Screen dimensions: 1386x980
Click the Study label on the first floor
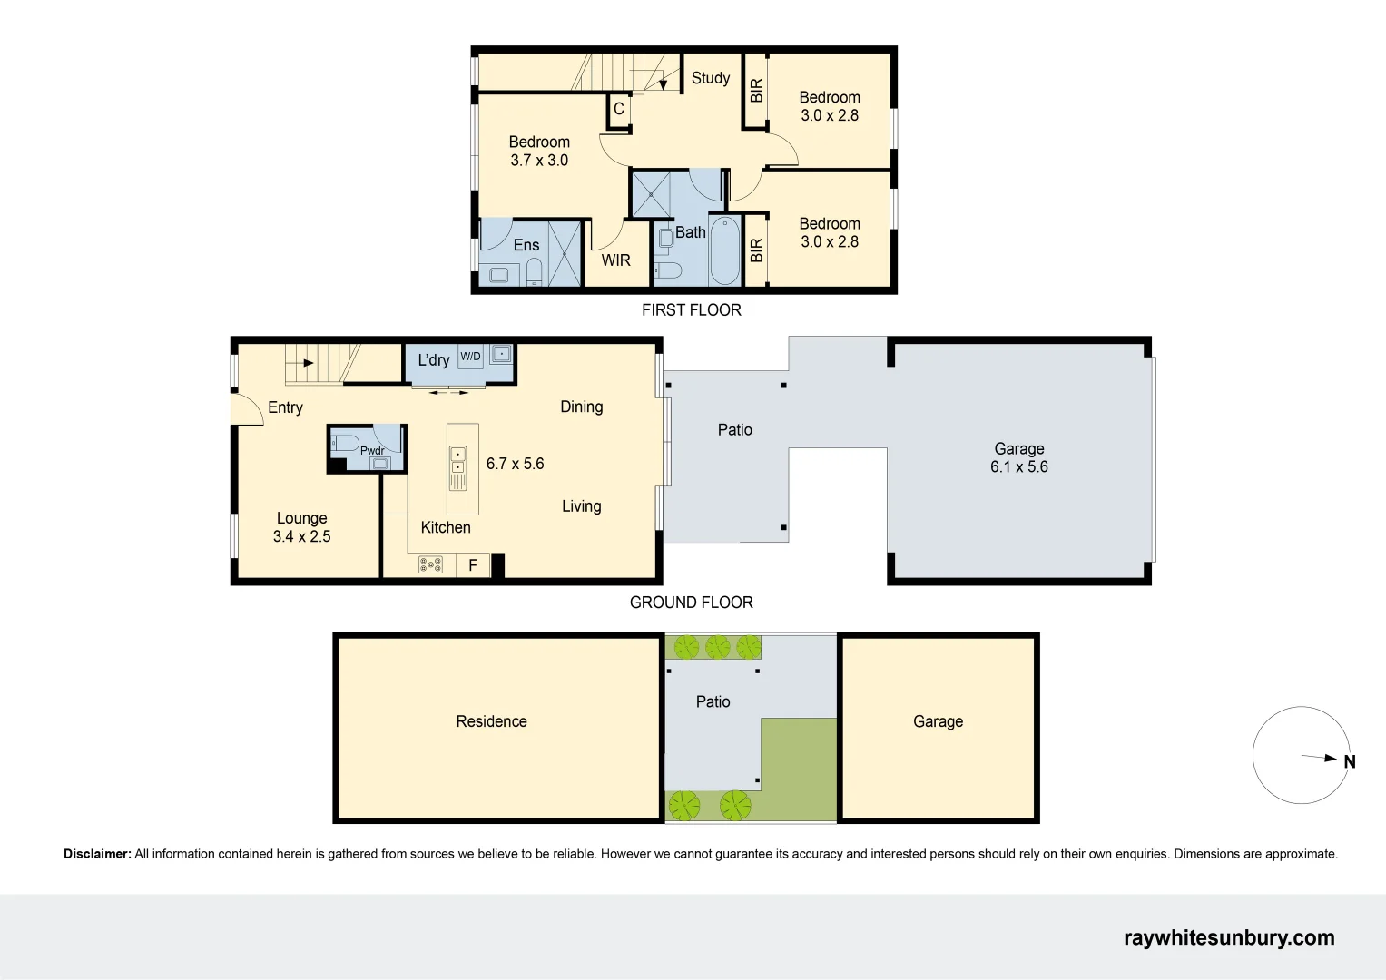pyautogui.click(x=711, y=78)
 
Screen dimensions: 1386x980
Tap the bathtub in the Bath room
pyautogui.click(x=724, y=250)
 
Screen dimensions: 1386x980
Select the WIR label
pyautogui.click(x=615, y=260)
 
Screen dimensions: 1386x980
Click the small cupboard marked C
pyautogui.click(x=619, y=110)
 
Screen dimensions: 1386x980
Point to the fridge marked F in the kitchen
pyautogui.click(x=473, y=564)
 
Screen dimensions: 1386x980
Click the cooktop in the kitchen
pyautogui.click(x=430, y=564)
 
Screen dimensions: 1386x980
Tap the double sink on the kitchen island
pyautogui.click(x=457, y=461)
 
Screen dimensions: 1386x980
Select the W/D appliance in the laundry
pyautogui.click(x=470, y=357)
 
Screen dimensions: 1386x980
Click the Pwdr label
pyautogui.click(x=372, y=450)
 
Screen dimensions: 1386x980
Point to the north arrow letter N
pyautogui.click(x=1350, y=761)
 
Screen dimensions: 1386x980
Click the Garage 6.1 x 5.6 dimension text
pyautogui.click(x=1019, y=467)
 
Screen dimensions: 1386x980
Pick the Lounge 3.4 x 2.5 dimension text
pyautogui.click(x=302, y=536)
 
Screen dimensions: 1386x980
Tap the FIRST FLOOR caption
pyautogui.click(x=691, y=310)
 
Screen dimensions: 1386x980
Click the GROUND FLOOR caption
pyautogui.click(x=691, y=603)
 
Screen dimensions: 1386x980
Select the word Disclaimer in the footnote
pyautogui.click(x=97, y=854)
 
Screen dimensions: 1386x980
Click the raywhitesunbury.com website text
pyautogui.click(x=1229, y=938)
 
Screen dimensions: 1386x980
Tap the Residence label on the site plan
pyautogui.click(x=491, y=721)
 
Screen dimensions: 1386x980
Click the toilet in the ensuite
pyautogui.click(x=534, y=272)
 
